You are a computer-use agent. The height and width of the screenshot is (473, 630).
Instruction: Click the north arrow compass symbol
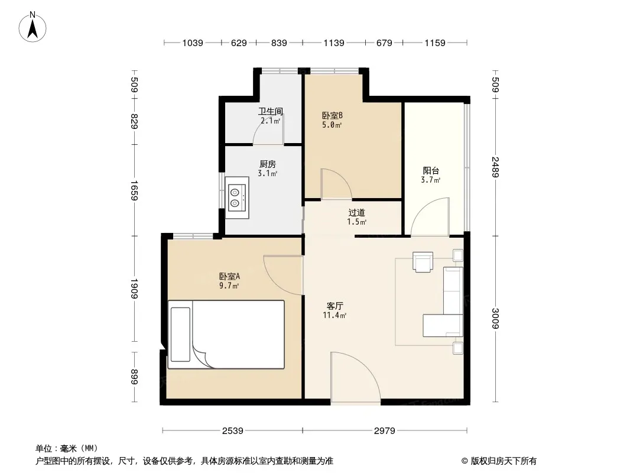pyautogui.click(x=33, y=27)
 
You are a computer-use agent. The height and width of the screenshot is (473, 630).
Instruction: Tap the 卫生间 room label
pyautogui.click(x=271, y=111)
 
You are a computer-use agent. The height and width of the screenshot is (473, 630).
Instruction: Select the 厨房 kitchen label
pyautogui.click(x=268, y=164)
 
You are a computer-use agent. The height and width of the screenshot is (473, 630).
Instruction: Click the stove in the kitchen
pyautogui.click(x=237, y=197)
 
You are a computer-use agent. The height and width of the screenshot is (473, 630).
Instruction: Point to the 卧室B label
pyautogui.click(x=332, y=115)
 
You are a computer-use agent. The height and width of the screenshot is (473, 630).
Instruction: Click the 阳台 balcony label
pyautogui.click(x=431, y=170)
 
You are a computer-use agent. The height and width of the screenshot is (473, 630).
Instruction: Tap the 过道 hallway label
pyautogui.click(x=357, y=212)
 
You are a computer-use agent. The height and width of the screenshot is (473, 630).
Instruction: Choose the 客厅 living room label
pyautogui.click(x=335, y=306)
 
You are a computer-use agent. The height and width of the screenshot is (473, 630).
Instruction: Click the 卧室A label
pyautogui.click(x=229, y=277)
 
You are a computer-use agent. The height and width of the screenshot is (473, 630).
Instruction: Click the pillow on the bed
pyautogui.click(x=180, y=335)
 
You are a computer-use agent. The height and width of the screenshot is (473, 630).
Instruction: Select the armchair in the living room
pyautogui.click(x=423, y=262)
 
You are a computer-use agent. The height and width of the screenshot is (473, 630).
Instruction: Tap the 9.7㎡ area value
pyautogui.click(x=229, y=286)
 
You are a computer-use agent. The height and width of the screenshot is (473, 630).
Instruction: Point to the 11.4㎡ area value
pyautogui.click(x=335, y=315)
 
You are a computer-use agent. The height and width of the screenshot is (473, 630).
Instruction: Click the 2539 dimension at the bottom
pyautogui.click(x=233, y=431)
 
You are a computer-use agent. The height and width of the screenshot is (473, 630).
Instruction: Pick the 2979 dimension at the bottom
pyautogui.click(x=385, y=431)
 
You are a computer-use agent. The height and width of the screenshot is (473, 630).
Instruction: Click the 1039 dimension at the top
pyautogui.click(x=193, y=43)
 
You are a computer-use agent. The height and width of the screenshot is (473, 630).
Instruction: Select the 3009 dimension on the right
pyautogui.click(x=495, y=318)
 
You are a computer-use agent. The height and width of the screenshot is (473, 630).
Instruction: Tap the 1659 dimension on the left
pyautogui.click(x=134, y=190)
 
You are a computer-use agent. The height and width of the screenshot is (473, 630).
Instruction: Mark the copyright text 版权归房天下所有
pyautogui.click(x=504, y=461)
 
